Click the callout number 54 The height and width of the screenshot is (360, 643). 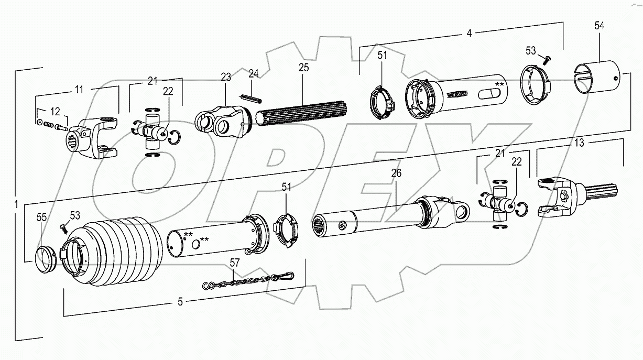click(600, 25)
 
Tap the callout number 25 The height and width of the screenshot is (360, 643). click(303, 68)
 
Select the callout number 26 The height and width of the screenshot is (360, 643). click(396, 173)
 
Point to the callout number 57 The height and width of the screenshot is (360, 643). click(235, 263)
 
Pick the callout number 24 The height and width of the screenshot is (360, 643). click(254, 73)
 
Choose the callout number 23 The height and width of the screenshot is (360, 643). click(226, 77)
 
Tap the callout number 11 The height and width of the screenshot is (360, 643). click(79, 90)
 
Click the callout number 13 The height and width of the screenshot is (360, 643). click(579, 143)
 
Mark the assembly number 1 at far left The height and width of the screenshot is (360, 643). click(16, 203)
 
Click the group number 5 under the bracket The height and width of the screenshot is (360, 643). click(180, 301)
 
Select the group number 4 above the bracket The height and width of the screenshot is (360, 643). click(469, 33)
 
